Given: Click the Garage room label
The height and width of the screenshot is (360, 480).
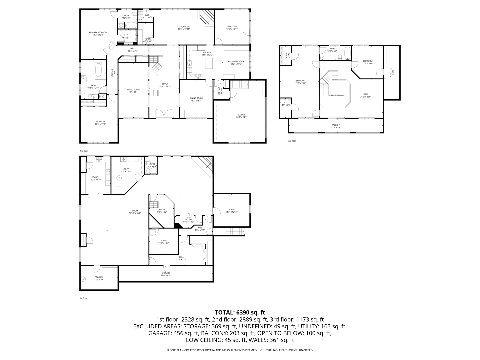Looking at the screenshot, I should [x=241, y=116].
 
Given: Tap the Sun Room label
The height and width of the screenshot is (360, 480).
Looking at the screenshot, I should [x=232, y=27].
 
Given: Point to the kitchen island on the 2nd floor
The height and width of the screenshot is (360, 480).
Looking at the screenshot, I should [x=209, y=63].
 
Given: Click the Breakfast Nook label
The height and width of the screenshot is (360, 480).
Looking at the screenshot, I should [x=236, y=62].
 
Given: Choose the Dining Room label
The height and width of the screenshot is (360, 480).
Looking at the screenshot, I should [x=196, y=99].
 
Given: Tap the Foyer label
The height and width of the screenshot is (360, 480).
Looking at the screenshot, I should [x=165, y=85].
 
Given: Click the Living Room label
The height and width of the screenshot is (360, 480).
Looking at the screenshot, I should [x=133, y=91].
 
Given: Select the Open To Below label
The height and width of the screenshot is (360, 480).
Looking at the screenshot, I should [x=337, y=95].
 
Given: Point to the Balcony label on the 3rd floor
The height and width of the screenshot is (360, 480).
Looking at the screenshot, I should [x=336, y=126].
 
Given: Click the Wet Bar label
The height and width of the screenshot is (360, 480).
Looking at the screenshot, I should [x=188, y=220].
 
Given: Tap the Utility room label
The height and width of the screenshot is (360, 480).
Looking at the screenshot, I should [x=126, y=170].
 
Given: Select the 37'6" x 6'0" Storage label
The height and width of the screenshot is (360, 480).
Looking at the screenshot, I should [x=166, y=274].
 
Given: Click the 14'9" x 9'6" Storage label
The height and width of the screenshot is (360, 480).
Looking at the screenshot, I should [x=99, y=278].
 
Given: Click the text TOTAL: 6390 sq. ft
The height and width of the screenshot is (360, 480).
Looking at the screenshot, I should [x=240, y=312].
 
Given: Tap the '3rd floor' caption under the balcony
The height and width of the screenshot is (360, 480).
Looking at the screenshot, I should [x=292, y=141].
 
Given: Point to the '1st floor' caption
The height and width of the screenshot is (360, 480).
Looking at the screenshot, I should [x=83, y=298].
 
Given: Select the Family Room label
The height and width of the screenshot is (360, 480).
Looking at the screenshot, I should [x=184, y=27].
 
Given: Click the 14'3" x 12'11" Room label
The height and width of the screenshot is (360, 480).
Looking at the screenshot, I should [x=231, y=210].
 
